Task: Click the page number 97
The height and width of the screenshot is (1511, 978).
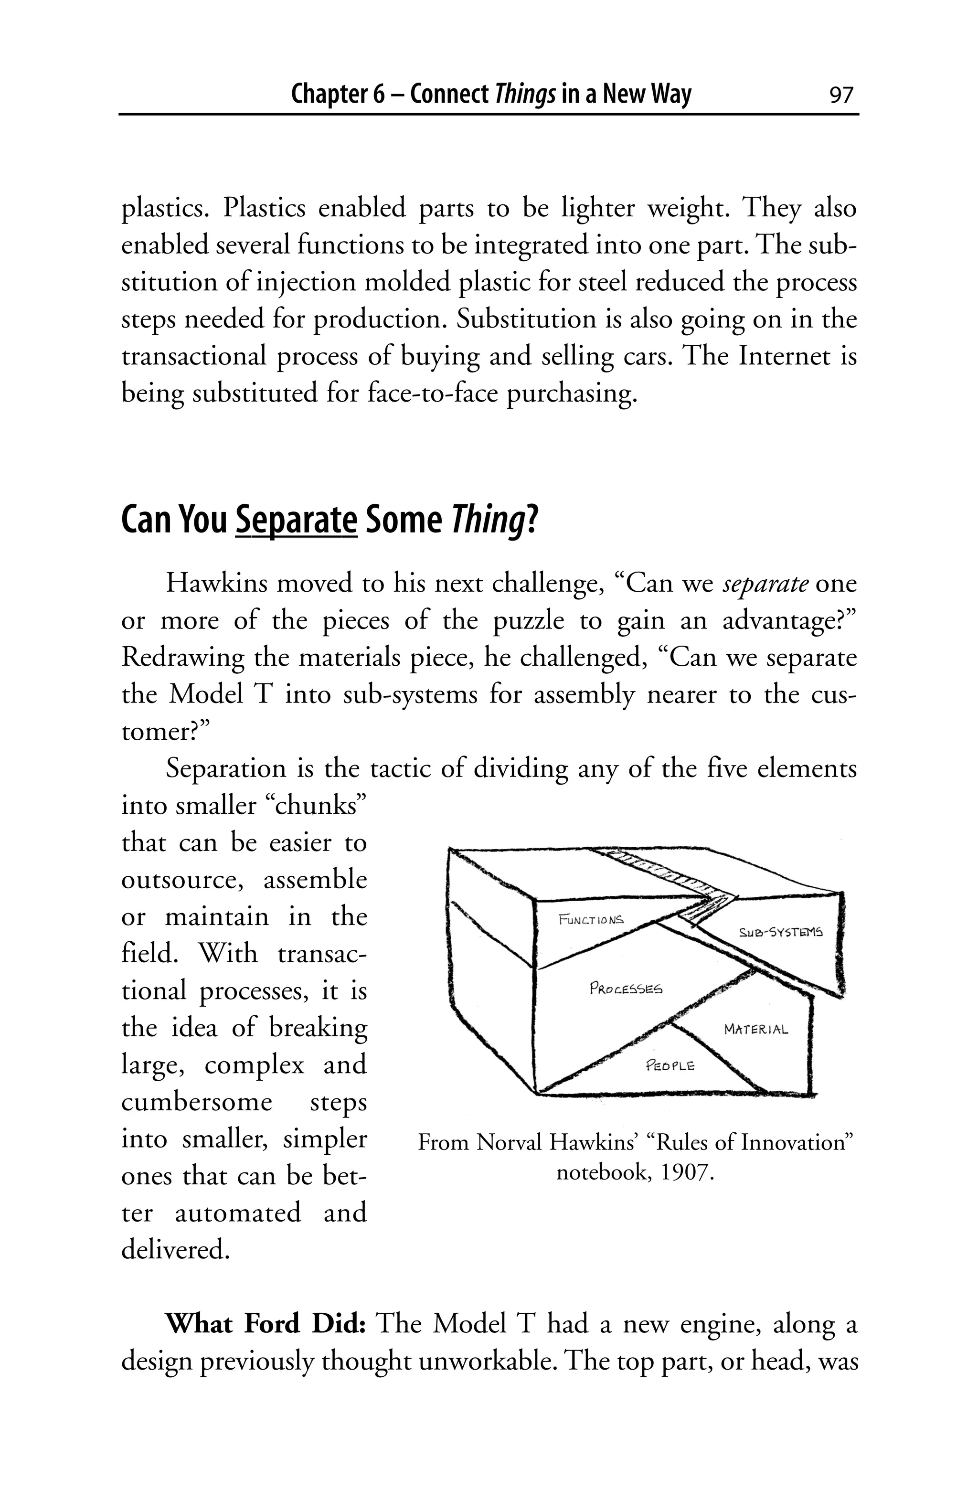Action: pos(841,95)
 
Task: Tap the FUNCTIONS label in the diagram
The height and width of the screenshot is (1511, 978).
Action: pos(591,919)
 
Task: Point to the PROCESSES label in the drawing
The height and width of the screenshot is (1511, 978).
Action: pos(626,989)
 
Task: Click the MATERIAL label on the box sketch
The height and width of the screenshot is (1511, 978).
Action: pos(756,1029)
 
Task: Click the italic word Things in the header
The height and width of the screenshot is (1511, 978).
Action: pos(525,95)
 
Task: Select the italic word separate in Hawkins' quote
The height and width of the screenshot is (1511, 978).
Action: pos(765,583)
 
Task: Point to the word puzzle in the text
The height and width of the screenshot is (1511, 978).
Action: pos(529,620)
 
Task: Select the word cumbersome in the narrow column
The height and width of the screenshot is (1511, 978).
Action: pos(196,1102)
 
